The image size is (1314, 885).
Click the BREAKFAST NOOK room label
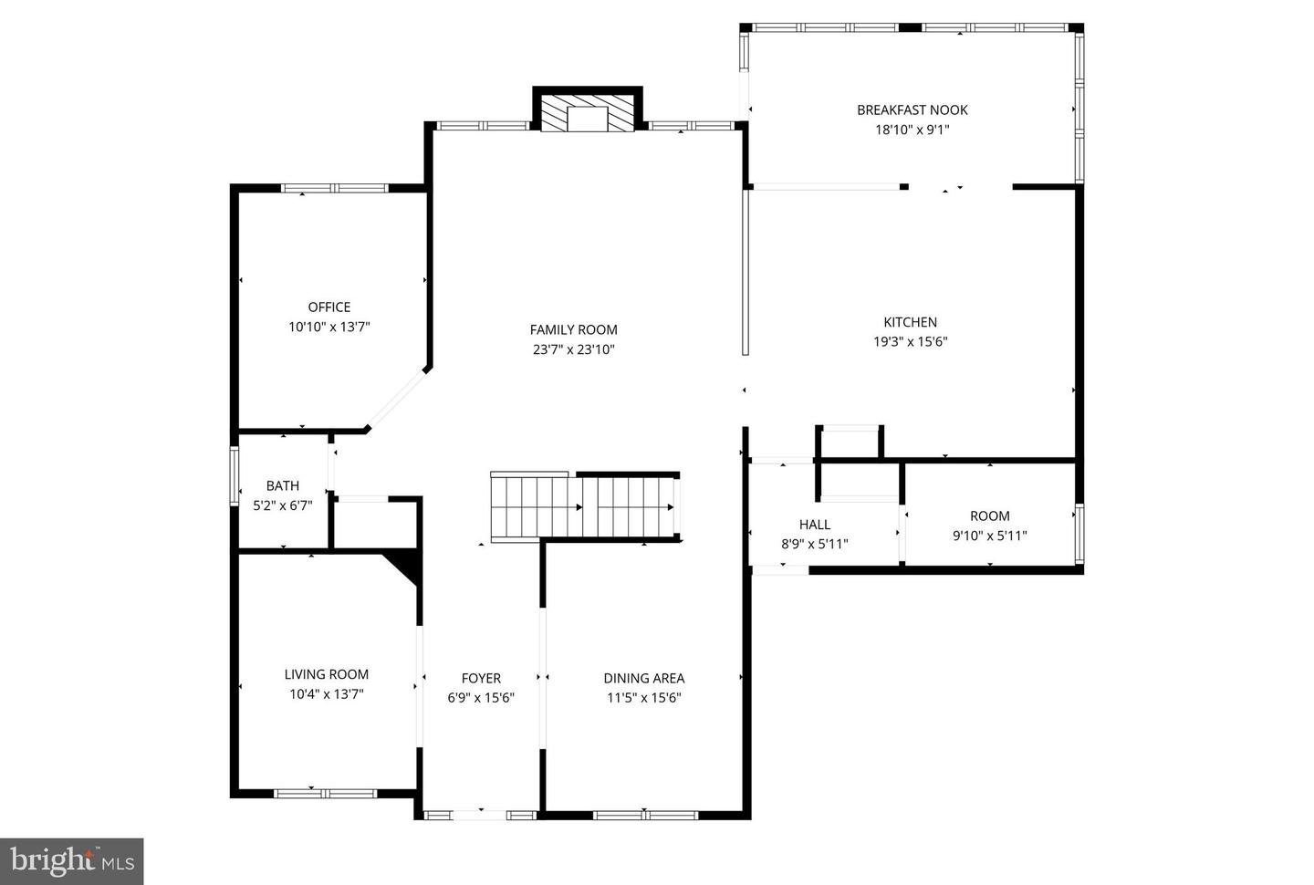pos(912,109)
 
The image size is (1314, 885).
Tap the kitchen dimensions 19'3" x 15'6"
pos(910,342)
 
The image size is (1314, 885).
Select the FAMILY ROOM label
pos(573,329)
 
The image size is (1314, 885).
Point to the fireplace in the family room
pos(587,113)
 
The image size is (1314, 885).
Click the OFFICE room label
pos(328,307)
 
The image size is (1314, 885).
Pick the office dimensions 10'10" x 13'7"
pos(328,327)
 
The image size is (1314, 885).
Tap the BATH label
pos(282,485)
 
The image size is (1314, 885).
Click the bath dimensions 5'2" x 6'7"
pos(282,505)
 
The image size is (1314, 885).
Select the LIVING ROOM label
pos(326,674)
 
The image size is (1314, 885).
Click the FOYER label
pos(481,678)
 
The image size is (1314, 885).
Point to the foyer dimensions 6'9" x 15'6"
pos(481,698)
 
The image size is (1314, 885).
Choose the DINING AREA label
pos(643,678)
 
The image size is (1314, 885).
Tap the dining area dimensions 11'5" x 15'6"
pos(643,698)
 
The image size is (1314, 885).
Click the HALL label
pos(814,524)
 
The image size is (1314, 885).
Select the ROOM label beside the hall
pos(989,515)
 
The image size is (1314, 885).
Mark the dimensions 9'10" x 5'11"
pos(989,536)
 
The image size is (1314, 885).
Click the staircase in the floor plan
pos(584,506)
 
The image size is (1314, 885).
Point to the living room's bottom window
pos(326,794)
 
